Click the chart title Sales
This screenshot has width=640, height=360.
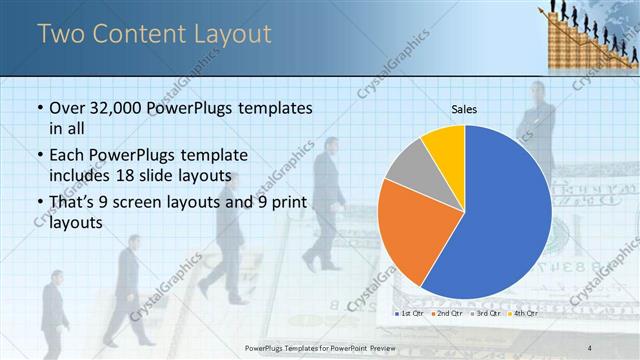click(464, 108)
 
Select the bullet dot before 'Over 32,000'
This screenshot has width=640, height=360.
click(39, 108)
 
